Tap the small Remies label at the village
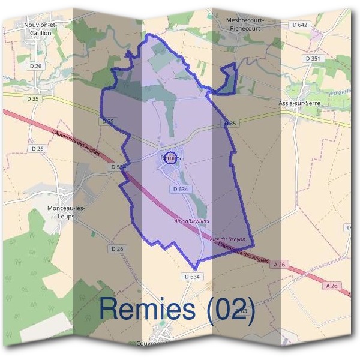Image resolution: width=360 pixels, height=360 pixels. [x=171, y=158]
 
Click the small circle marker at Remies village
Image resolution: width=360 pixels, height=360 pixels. [x=170, y=158]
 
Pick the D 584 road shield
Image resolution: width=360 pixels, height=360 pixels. [x=119, y=167]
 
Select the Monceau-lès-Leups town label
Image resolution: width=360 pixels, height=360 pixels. [x=67, y=212]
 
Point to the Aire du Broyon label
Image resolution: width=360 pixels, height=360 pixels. [x=227, y=239]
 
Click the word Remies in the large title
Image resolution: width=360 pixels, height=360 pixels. [x=148, y=309]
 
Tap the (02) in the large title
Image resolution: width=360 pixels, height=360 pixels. [x=231, y=309]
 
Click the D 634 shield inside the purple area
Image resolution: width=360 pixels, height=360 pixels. [x=181, y=189]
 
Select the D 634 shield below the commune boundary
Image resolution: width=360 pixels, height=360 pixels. [x=191, y=277]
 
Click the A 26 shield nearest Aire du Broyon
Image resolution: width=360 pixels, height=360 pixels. [x=278, y=264]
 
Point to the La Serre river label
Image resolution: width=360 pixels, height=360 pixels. [x=341, y=92]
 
